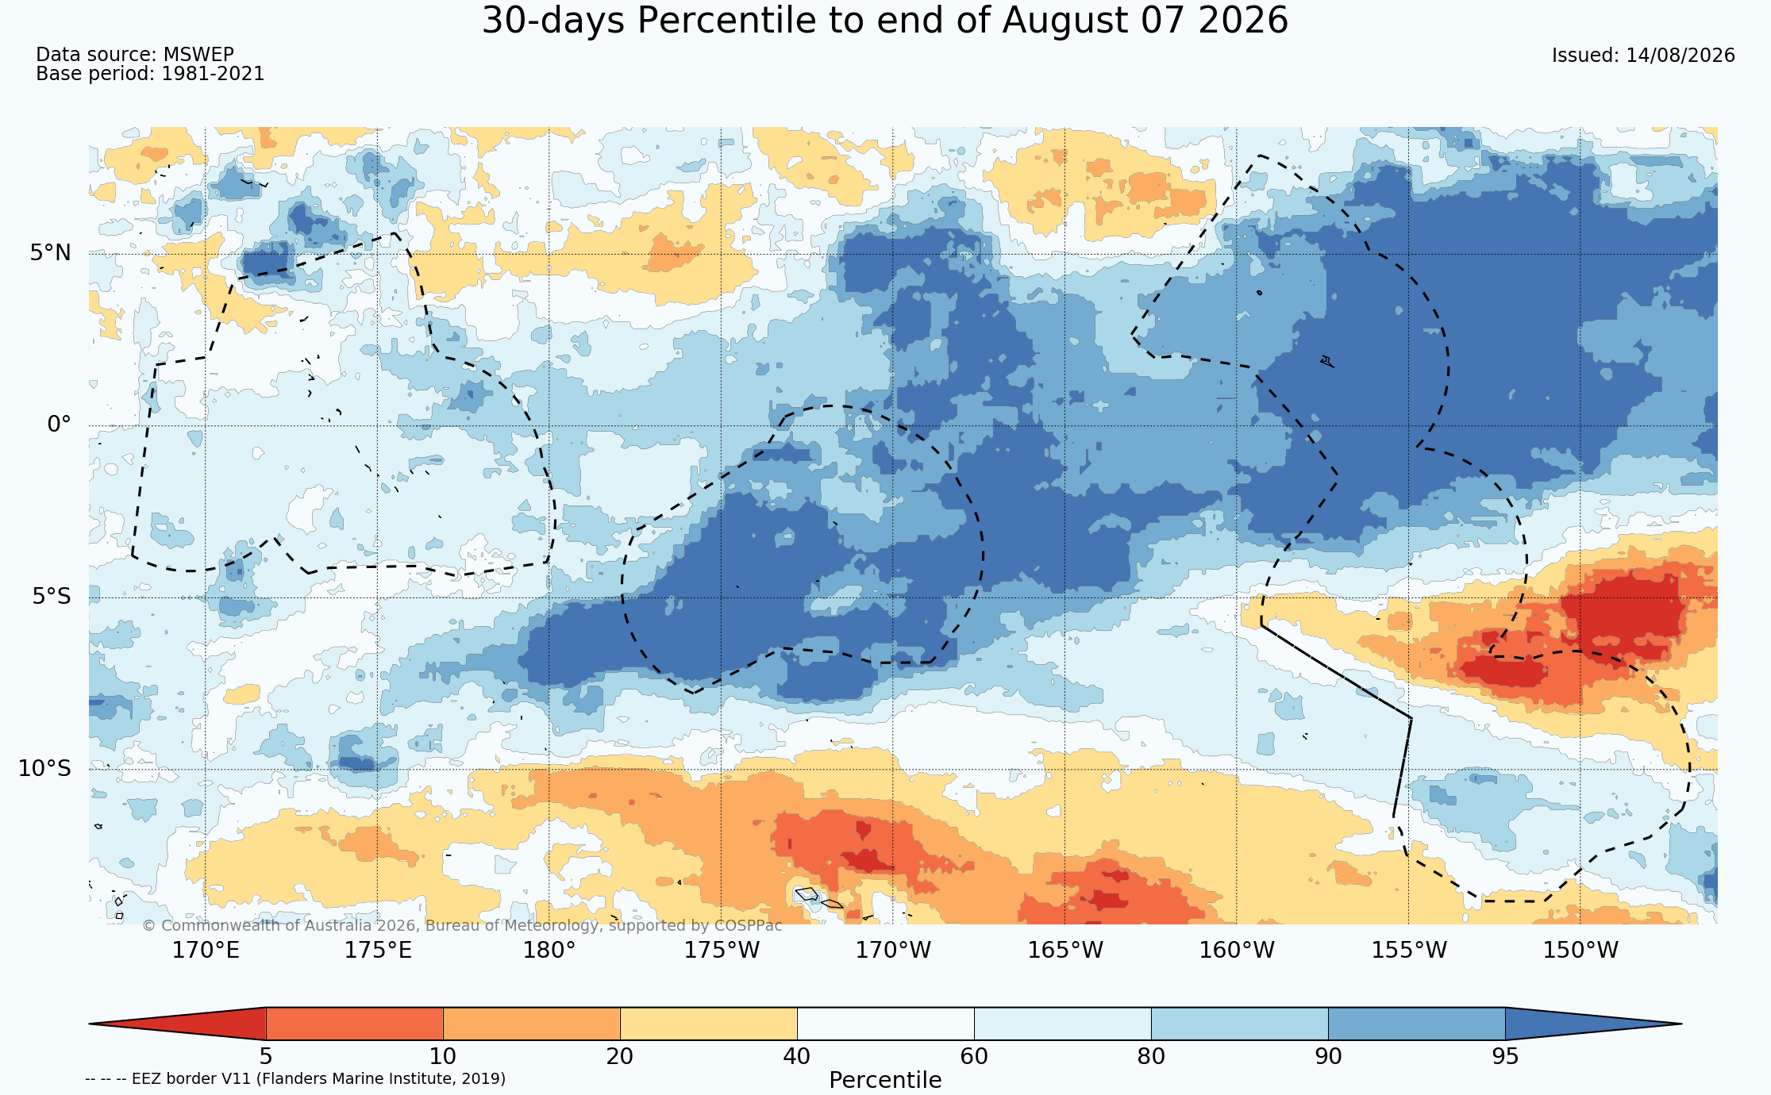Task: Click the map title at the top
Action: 885,21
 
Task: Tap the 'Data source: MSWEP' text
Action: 135,55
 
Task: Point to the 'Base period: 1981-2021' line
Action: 150,74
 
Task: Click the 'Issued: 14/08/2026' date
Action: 1643,56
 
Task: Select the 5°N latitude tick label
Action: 51,253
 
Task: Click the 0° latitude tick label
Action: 60,425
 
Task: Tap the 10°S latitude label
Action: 44,768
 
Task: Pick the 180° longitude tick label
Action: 549,950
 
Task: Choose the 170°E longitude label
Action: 206,950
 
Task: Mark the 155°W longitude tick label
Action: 1409,950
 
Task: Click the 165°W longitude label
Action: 1065,950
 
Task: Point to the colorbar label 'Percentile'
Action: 885,1080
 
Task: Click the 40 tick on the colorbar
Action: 797,1056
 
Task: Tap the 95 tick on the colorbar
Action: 1505,1056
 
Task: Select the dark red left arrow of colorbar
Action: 177,1024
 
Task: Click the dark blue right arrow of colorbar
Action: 1593,1024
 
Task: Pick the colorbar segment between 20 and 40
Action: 708,1024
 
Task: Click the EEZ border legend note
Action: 295,1078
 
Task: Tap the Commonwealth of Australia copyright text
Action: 462,925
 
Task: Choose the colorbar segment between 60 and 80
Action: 1062,1024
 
